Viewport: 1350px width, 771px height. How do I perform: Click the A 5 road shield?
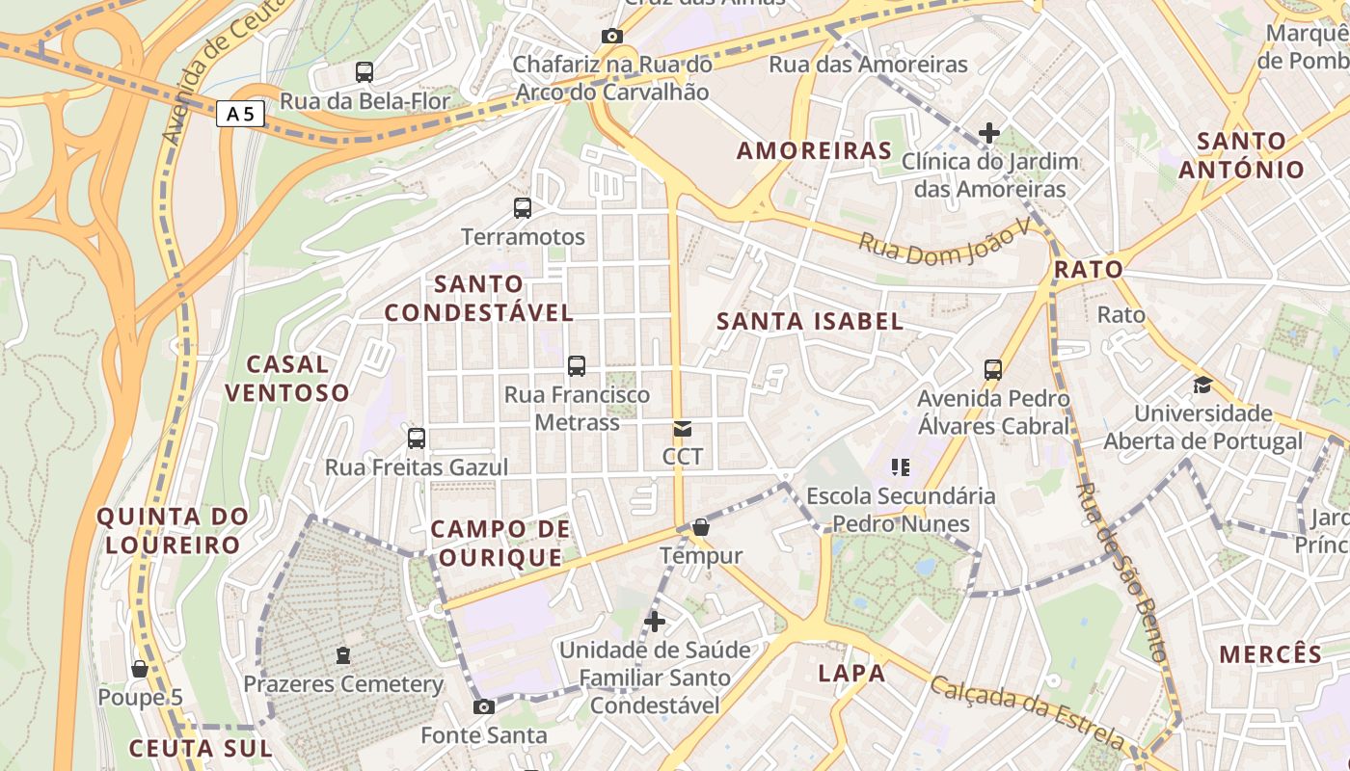pos(240,114)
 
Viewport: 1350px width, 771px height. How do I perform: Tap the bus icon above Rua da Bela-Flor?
pos(364,71)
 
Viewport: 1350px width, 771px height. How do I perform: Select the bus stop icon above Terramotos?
pos(523,207)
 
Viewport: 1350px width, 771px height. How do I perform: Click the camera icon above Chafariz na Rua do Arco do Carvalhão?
pos(611,37)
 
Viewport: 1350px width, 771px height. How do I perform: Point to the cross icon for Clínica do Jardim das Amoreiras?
pos(989,133)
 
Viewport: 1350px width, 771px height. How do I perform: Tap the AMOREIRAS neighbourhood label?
pos(815,150)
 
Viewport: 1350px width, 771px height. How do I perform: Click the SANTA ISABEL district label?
pos(810,322)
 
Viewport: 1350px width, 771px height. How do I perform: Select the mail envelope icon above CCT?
pos(683,428)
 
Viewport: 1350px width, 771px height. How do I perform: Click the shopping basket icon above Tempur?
pos(701,527)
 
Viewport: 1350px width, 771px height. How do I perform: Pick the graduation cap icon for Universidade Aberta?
pos(1202,385)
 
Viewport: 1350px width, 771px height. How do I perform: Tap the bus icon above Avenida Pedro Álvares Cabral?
pos(993,369)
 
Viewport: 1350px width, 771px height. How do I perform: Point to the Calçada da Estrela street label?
pos(1026,711)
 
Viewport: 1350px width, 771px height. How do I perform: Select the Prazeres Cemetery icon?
pos(342,655)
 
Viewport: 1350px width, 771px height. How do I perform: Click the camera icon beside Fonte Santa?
pos(484,707)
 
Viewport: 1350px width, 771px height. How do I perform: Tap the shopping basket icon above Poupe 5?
pos(140,669)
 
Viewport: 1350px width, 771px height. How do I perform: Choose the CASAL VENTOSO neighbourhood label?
pos(286,378)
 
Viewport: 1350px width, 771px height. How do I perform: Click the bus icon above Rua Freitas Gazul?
pos(417,439)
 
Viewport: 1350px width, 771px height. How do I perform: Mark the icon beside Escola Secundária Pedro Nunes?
pos(901,467)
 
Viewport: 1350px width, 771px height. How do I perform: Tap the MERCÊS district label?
pos(1270,654)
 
